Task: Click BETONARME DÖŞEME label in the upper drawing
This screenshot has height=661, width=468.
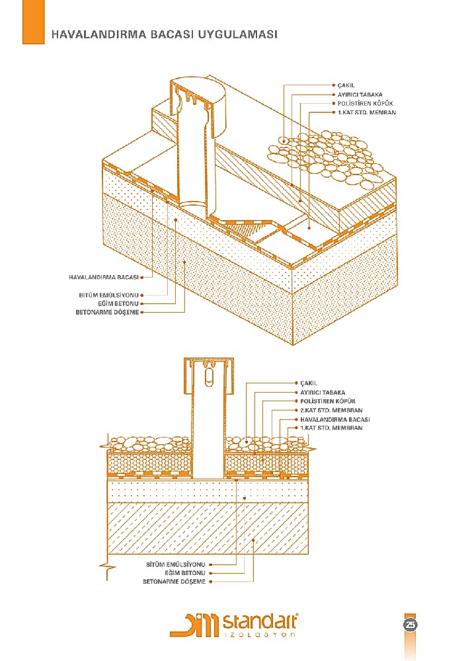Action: (108, 311)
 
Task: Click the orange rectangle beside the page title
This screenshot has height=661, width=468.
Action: (33, 22)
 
